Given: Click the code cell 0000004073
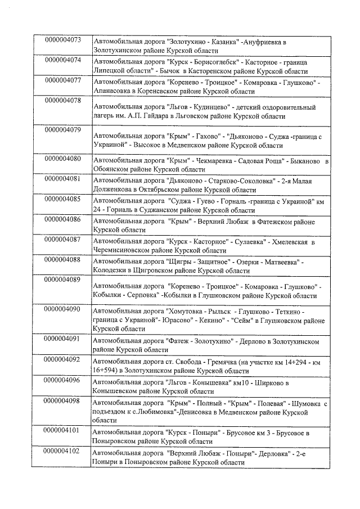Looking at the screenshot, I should tap(62, 40).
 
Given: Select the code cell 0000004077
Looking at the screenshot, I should tap(62, 80).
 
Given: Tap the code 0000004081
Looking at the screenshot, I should tap(62, 179).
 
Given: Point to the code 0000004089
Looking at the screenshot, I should tap(62, 280).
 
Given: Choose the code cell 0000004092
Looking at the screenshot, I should tap(62, 359).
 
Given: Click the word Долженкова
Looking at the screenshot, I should tap(114, 190).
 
